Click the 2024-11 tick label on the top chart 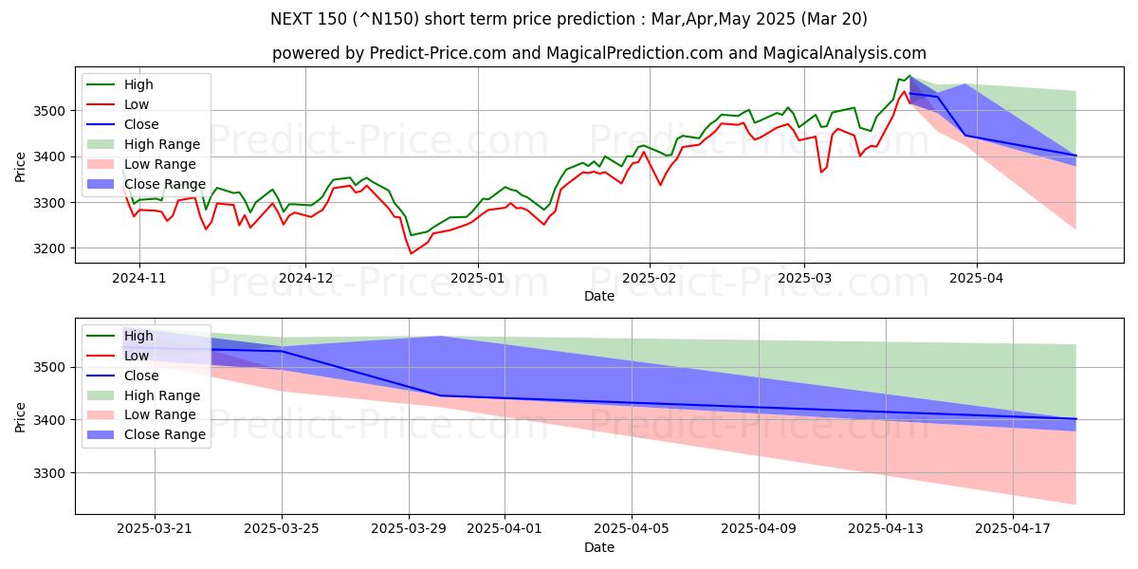click(x=138, y=278)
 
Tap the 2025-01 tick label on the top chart click(x=477, y=278)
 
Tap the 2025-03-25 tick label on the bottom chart click(x=282, y=528)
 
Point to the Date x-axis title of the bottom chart click(x=598, y=547)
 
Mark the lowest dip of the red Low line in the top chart click(x=411, y=253)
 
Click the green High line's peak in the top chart click(x=909, y=76)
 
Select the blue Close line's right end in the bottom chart click(x=1075, y=419)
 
